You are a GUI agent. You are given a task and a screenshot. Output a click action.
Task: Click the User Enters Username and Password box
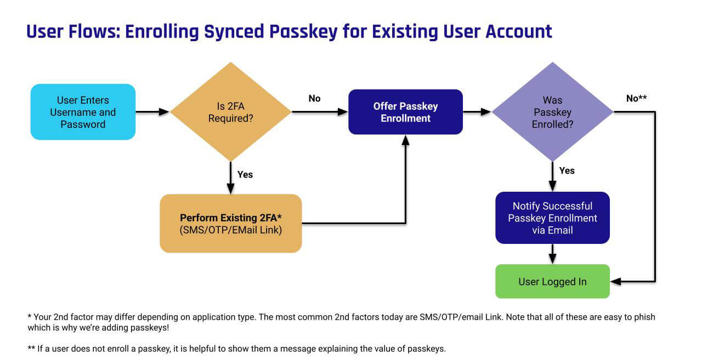pyautogui.click(x=83, y=112)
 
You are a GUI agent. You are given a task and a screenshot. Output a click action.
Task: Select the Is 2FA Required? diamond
pyautogui.click(x=230, y=112)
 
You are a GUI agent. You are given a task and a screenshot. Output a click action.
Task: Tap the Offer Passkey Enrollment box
pyautogui.click(x=405, y=112)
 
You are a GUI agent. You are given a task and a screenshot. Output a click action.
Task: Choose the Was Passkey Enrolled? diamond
pyautogui.click(x=552, y=112)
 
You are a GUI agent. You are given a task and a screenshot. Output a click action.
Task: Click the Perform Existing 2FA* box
pyautogui.click(x=230, y=223)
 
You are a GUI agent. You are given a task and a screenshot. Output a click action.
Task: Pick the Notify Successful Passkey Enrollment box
pyautogui.click(x=552, y=218)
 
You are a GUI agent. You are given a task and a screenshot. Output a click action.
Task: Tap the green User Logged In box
pyautogui.click(x=552, y=282)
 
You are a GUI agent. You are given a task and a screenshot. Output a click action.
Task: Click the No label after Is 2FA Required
pyautogui.click(x=314, y=98)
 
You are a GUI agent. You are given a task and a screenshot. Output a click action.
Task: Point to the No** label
pyautogui.click(x=636, y=98)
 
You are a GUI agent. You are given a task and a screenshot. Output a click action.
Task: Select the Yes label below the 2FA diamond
pyautogui.click(x=245, y=174)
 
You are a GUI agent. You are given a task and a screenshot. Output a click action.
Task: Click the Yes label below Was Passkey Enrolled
pyautogui.click(x=567, y=170)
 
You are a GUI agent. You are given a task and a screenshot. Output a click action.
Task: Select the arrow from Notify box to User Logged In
pyautogui.click(x=552, y=253)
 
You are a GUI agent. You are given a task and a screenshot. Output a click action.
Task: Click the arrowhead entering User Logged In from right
pyautogui.click(x=616, y=282)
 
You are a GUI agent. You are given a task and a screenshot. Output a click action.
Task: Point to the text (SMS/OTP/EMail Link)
pyautogui.click(x=230, y=230)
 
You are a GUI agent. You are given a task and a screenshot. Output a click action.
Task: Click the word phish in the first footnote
pyautogui.click(x=644, y=317)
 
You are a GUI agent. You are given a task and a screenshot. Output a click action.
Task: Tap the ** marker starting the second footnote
pyautogui.click(x=31, y=348)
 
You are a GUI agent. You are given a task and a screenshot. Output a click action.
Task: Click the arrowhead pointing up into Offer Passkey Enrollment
pyautogui.click(x=405, y=140)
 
